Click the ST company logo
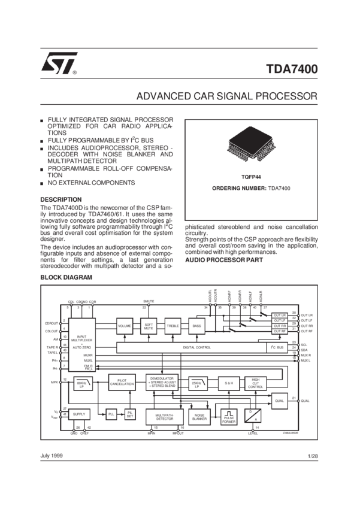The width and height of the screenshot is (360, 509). coord(58,62)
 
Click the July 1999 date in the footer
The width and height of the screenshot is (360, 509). coord(52,456)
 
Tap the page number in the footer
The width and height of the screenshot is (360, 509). coord(311,456)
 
